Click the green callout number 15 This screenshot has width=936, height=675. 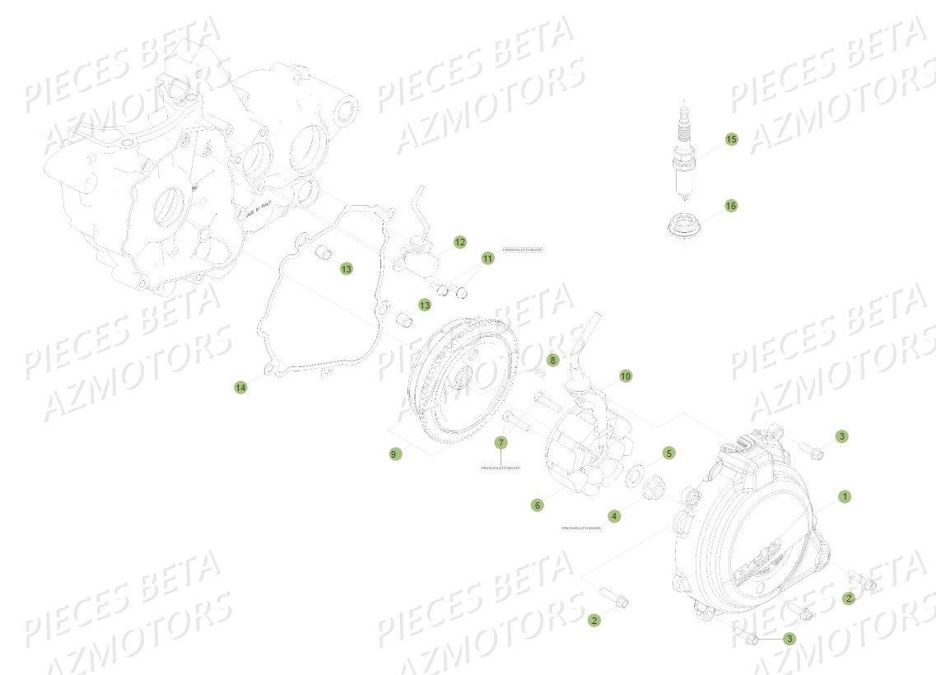tap(731, 139)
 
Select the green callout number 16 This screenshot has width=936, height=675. tap(731, 205)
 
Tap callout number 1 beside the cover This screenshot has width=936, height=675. tap(844, 496)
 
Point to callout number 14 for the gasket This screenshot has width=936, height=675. tap(240, 387)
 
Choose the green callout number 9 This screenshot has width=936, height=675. tap(396, 454)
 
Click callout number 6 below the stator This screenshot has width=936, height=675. tap(537, 505)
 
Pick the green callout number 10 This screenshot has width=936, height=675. tap(626, 376)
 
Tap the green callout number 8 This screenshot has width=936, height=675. tap(553, 360)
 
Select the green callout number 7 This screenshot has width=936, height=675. tap(501, 443)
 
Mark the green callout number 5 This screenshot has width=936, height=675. tap(669, 453)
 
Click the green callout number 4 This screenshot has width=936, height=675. tap(614, 516)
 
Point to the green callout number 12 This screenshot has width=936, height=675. tap(459, 242)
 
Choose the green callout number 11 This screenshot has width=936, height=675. tap(488, 258)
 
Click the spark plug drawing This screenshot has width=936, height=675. tap(682, 156)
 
